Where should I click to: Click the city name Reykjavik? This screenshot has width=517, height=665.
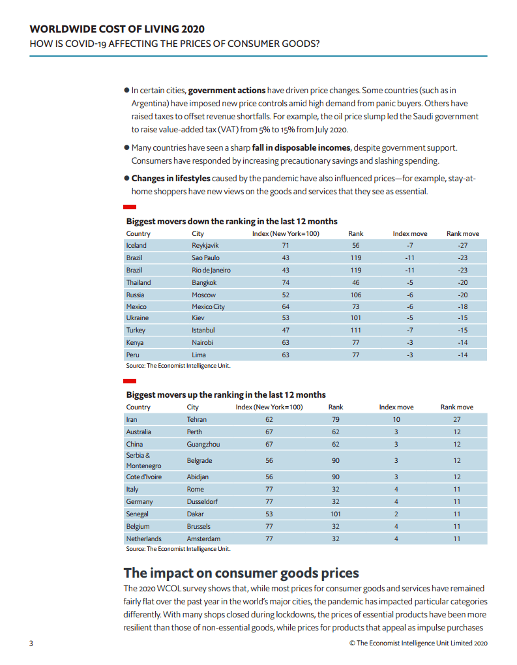205,246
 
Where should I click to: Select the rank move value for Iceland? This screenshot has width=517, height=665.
463,246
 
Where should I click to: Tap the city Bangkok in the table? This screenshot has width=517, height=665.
204,282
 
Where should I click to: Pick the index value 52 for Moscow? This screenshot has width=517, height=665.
286,295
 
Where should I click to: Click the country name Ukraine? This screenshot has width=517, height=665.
138,318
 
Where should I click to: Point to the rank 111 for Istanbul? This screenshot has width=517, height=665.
355,330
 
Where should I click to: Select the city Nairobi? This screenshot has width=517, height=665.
202,342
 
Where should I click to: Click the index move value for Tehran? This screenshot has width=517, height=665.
396,419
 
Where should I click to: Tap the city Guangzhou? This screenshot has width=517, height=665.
203,445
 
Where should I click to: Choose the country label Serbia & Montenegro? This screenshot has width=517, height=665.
143,460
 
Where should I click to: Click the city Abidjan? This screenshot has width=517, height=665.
198,477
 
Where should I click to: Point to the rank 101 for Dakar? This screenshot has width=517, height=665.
336,514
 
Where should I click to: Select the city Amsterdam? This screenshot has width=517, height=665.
203,539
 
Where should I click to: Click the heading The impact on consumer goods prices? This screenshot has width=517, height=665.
241,573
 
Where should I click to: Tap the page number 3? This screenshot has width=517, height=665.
31,643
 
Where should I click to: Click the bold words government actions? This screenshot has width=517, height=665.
227,91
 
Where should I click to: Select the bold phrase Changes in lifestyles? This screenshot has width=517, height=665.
171,179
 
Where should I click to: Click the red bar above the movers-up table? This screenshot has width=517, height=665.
130,381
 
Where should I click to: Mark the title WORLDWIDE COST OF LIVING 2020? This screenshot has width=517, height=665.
117,29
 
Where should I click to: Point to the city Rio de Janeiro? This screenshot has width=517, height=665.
211,270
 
